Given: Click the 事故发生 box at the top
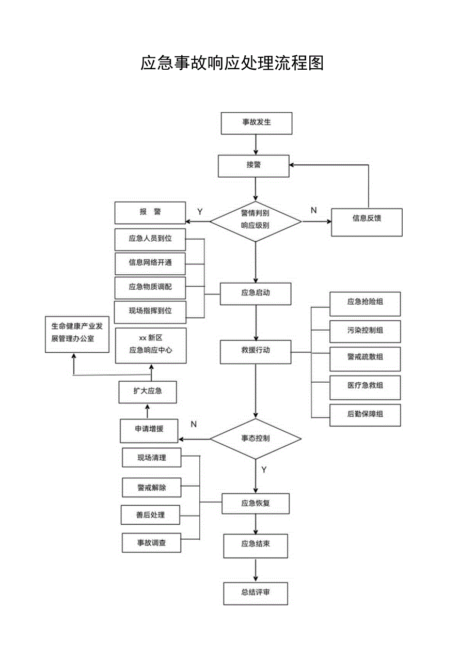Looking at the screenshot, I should click(x=256, y=123).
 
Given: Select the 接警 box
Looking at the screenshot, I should click(x=253, y=166).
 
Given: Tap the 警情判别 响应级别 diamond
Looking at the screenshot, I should click(x=256, y=221).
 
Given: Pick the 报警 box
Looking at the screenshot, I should click(x=150, y=212).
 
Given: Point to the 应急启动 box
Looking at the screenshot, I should click(x=256, y=293).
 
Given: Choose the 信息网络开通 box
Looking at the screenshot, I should click(x=150, y=262).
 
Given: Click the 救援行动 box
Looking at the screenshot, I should click(x=256, y=351).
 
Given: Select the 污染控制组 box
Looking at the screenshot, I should click(x=365, y=331).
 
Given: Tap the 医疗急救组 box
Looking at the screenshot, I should click(x=365, y=386).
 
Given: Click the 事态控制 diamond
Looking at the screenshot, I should click(x=256, y=439).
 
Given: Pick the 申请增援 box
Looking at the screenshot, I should click(x=149, y=429).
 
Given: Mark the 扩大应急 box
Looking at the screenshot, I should click(x=148, y=392).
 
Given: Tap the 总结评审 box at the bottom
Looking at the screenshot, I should click(x=256, y=593).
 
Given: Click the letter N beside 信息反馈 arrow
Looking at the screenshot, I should click(x=313, y=210).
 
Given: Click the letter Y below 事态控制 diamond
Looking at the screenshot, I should click(x=264, y=470).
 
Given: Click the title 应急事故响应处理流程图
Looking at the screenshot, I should click(x=232, y=62).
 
